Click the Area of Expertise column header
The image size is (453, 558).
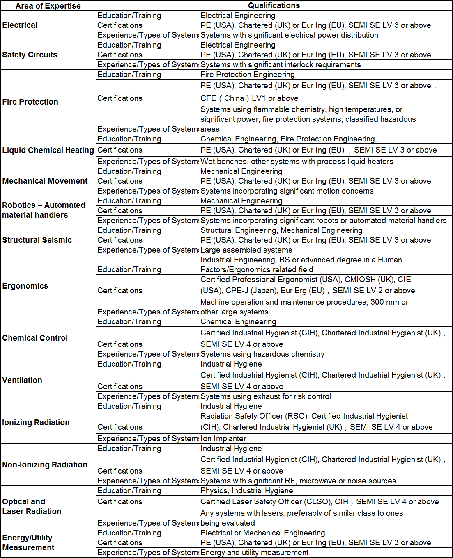tap(48, 6)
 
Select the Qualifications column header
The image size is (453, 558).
tap(274, 5)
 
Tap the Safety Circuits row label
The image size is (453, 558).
tap(30, 55)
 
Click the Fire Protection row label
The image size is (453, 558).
tap(30, 102)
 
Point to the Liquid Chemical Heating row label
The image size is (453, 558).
tap(48, 150)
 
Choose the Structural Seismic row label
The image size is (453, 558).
tap(37, 240)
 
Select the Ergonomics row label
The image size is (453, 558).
tap(25, 286)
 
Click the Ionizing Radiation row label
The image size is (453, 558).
tap(36, 422)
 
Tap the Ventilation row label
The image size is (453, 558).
tap(22, 380)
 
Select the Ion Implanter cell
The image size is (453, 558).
tap(223, 438)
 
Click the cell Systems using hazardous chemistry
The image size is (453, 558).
tap(262, 354)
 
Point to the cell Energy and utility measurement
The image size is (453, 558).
tap(255, 552)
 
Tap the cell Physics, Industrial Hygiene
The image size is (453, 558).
tap(247, 490)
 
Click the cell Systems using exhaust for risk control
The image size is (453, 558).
tap(266, 396)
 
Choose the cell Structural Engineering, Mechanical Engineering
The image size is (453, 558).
tap(281, 230)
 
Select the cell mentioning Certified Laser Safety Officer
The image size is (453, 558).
tap(320, 501)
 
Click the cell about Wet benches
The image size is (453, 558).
tap(297, 161)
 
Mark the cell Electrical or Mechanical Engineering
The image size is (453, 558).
tap(263, 533)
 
